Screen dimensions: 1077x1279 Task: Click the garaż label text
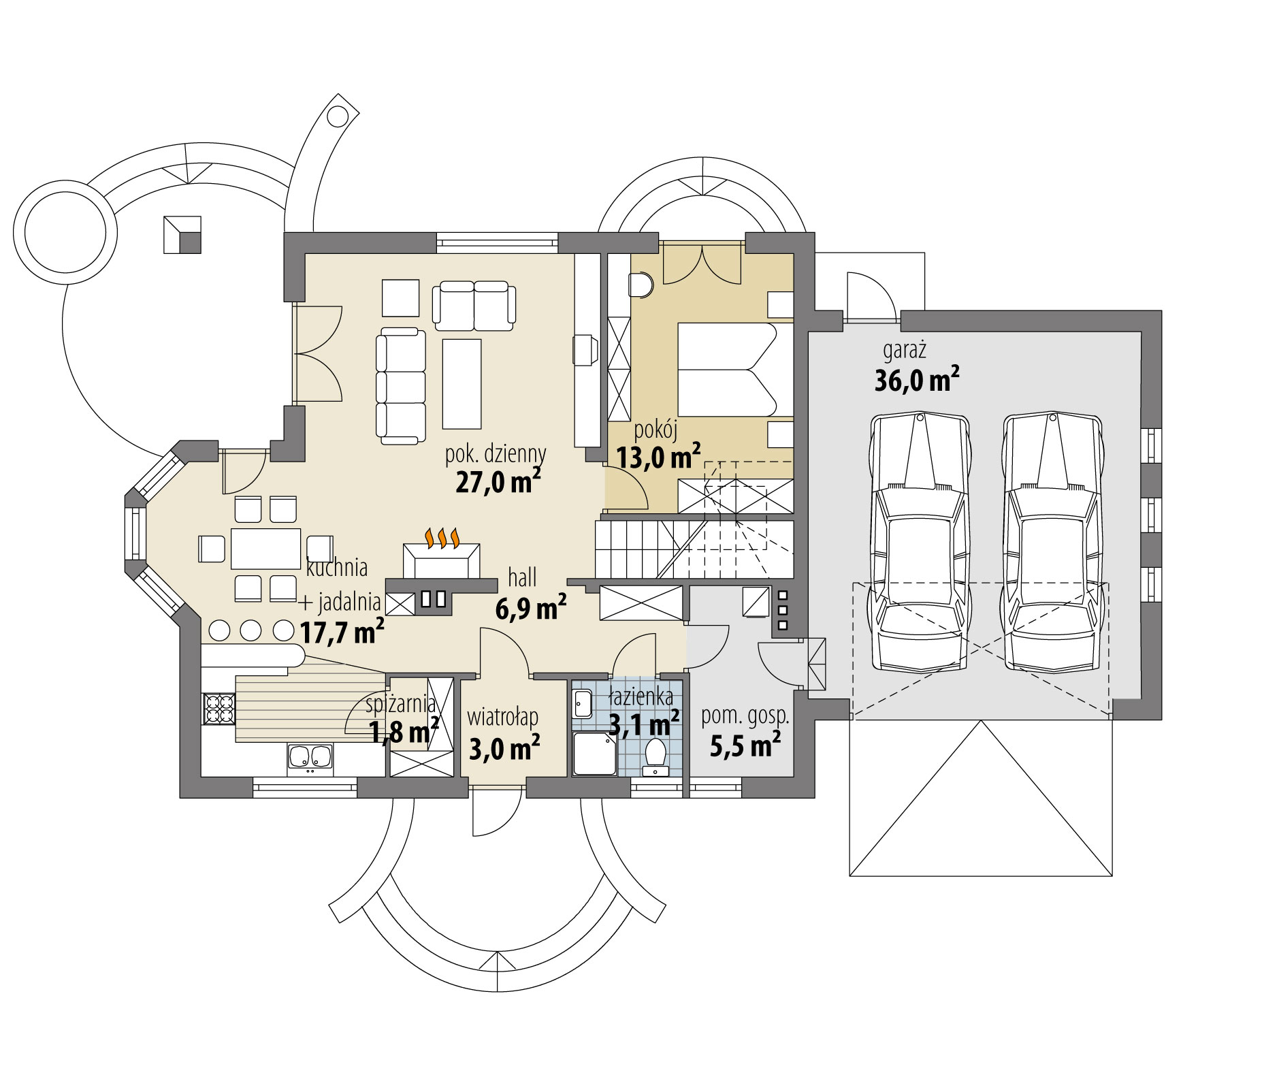point(905,351)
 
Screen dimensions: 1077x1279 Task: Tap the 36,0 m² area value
point(916,379)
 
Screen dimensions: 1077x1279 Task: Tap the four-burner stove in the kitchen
point(218,708)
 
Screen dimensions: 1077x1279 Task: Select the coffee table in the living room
point(462,384)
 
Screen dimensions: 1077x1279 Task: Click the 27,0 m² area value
point(498,482)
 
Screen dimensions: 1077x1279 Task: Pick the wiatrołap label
point(502,717)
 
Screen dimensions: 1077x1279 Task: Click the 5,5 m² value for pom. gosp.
point(745,746)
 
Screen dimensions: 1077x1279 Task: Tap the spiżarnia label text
point(400,703)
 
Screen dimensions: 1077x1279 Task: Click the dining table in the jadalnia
point(265,549)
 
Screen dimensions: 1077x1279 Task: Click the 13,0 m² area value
point(658,457)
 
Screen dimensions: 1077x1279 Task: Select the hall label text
point(522,577)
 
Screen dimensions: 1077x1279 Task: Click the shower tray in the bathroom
point(594,754)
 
